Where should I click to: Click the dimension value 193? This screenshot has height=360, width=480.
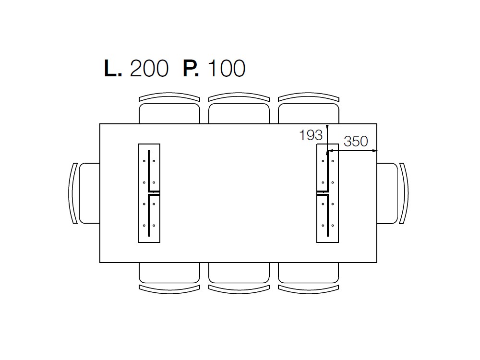point(311,135)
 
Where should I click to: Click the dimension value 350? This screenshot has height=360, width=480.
point(356,142)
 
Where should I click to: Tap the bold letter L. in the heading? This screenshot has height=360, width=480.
point(113,68)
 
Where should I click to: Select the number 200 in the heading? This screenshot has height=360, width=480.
point(149,68)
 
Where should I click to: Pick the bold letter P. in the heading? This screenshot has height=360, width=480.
point(191,68)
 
